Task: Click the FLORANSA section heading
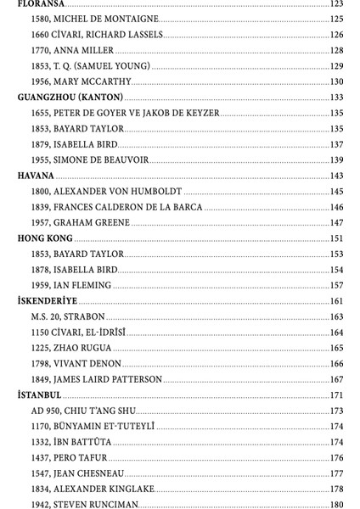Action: [x=42, y=4]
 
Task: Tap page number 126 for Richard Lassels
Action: [x=336, y=35]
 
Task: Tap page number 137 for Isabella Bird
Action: [x=336, y=144]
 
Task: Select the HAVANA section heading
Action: [x=36, y=176]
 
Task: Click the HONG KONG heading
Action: [x=45, y=238]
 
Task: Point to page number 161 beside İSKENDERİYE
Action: [x=336, y=301]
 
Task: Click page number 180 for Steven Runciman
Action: [x=336, y=505]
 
